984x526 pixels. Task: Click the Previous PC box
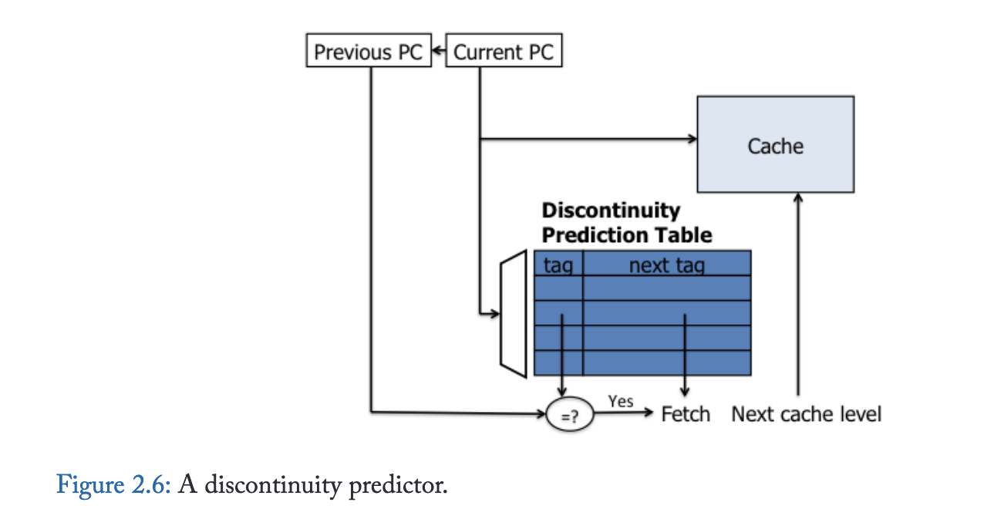(x=369, y=52)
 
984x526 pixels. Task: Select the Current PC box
(x=504, y=52)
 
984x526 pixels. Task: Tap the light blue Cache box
(x=775, y=144)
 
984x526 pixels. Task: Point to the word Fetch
(x=686, y=414)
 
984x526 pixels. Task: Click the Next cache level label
(x=806, y=414)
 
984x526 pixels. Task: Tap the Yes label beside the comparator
(x=620, y=401)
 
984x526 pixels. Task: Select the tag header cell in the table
(x=558, y=265)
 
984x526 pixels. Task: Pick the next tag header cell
(x=666, y=265)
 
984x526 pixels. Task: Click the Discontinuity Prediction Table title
(x=626, y=222)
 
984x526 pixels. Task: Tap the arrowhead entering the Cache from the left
(x=693, y=140)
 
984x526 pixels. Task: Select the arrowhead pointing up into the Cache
(x=798, y=198)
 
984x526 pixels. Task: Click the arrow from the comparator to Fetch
(x=625, y=413)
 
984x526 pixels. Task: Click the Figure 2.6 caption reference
(x=116, y=487)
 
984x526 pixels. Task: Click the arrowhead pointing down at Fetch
(x=685, y=394)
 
